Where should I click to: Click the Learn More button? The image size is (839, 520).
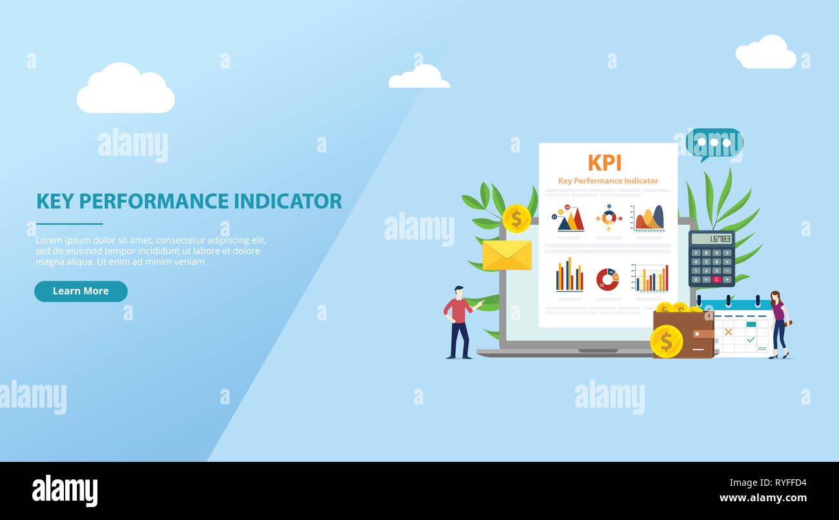[81, 291]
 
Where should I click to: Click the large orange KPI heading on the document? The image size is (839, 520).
[605, 163]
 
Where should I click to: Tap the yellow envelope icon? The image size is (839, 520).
[507, 255]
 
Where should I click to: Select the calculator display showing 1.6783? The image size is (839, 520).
[711, 239]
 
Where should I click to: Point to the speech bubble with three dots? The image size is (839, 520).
[713, 143]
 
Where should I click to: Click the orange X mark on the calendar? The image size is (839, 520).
[728, 332]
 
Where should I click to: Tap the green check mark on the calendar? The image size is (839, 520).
[750, 339]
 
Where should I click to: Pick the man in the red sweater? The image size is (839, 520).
[458, 322]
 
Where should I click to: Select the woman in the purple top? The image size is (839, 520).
[778, 324]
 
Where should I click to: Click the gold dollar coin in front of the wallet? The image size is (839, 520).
[666, 341]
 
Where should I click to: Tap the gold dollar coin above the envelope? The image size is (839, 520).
[516, 218]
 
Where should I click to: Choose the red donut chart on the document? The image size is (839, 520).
[607, 279]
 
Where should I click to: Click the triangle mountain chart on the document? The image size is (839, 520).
[571, 220]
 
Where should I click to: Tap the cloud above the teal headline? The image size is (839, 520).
[125, 90]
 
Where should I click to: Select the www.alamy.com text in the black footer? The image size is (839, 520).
[763, 498]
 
